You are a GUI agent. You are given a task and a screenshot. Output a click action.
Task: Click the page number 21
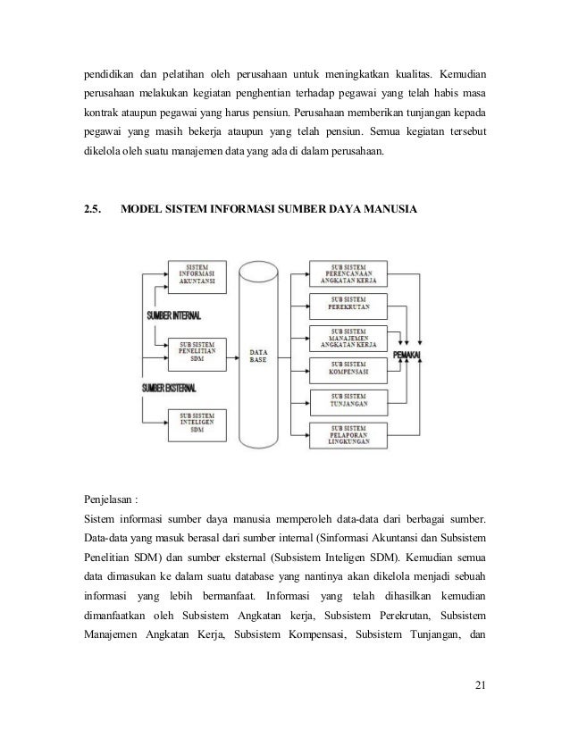480,686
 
